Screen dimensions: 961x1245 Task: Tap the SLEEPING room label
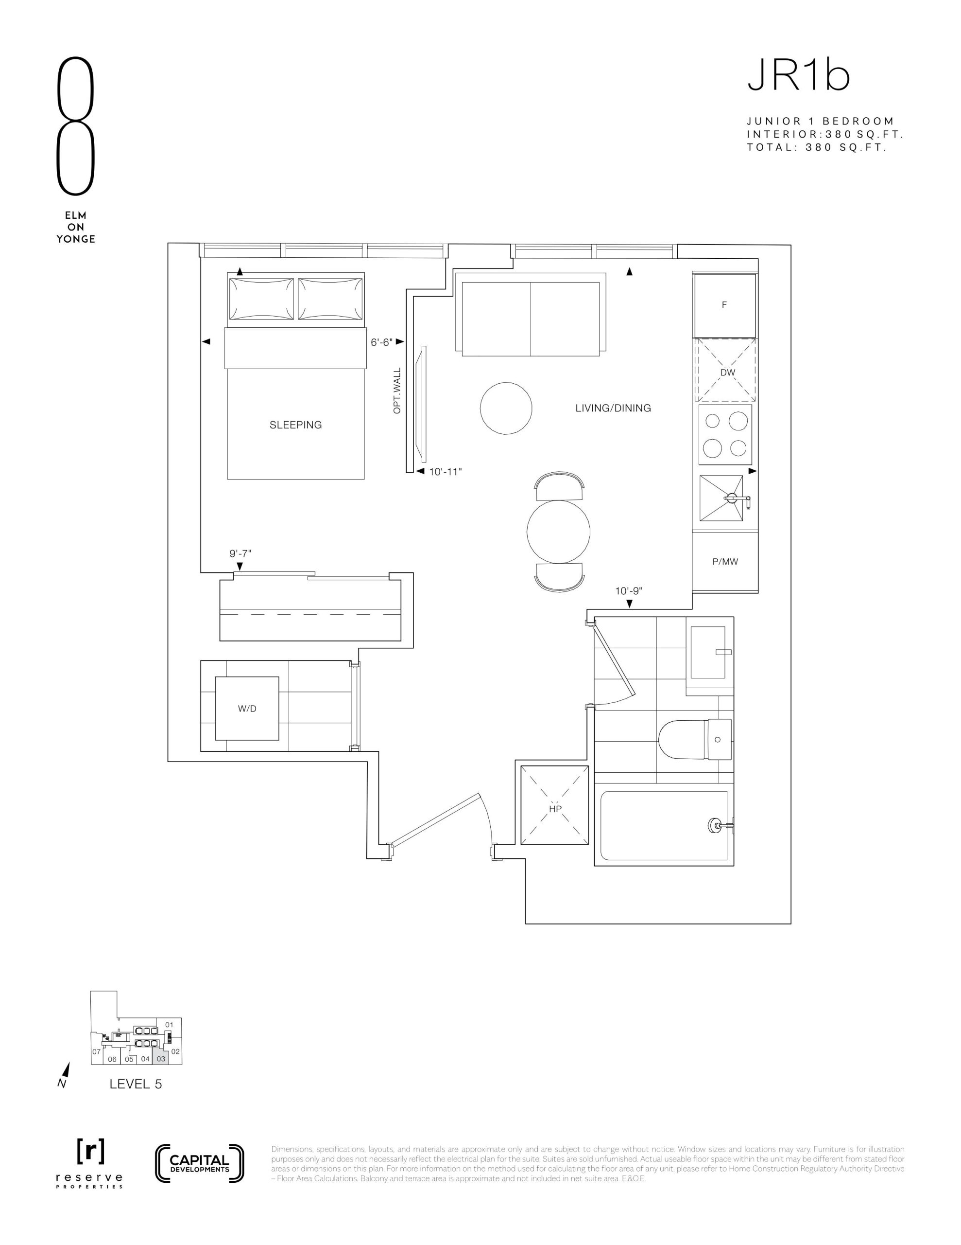pos(296,425)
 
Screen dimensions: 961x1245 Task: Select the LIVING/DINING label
pos(613,408)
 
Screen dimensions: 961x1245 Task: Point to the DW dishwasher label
pos(727,372)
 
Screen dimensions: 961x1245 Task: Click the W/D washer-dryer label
pos(247,709)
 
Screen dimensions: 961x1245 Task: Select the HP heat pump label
pos(555,808)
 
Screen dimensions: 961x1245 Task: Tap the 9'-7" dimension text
pos(240,553)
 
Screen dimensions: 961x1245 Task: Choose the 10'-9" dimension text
pos(629,591)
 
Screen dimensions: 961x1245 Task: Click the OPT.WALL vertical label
pos(397,391)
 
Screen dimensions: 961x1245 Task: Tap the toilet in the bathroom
pos(695,739)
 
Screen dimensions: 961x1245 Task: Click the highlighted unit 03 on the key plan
pos(161,1059)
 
